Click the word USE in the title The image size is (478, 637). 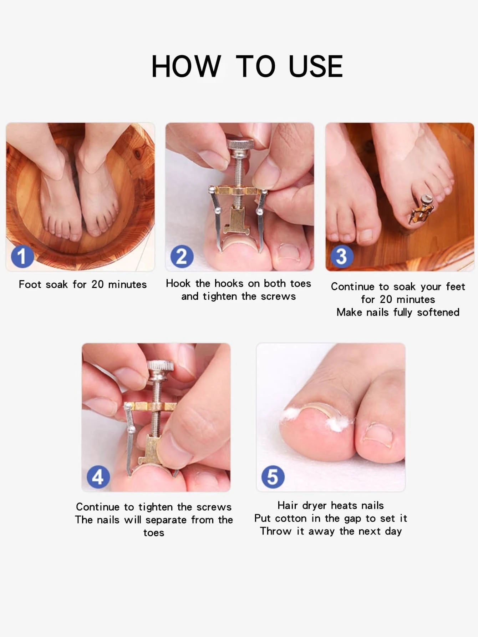coord(316,66)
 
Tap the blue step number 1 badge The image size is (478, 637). coord(22,256)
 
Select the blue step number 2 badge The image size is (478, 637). coord(182,256)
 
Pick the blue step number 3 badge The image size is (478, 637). coord(342,256)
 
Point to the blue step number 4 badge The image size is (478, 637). coord(98,477)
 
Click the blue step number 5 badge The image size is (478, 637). coord(273,477)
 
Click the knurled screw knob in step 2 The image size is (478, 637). coord(240,145)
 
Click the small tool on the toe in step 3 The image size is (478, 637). coord(422,211)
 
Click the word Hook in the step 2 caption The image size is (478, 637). coord(179,283)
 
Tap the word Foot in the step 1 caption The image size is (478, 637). coord(30,284)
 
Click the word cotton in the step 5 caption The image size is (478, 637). coord(291,518)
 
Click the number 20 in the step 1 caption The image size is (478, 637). coord(97,284)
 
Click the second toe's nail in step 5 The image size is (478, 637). coord(378,434)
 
